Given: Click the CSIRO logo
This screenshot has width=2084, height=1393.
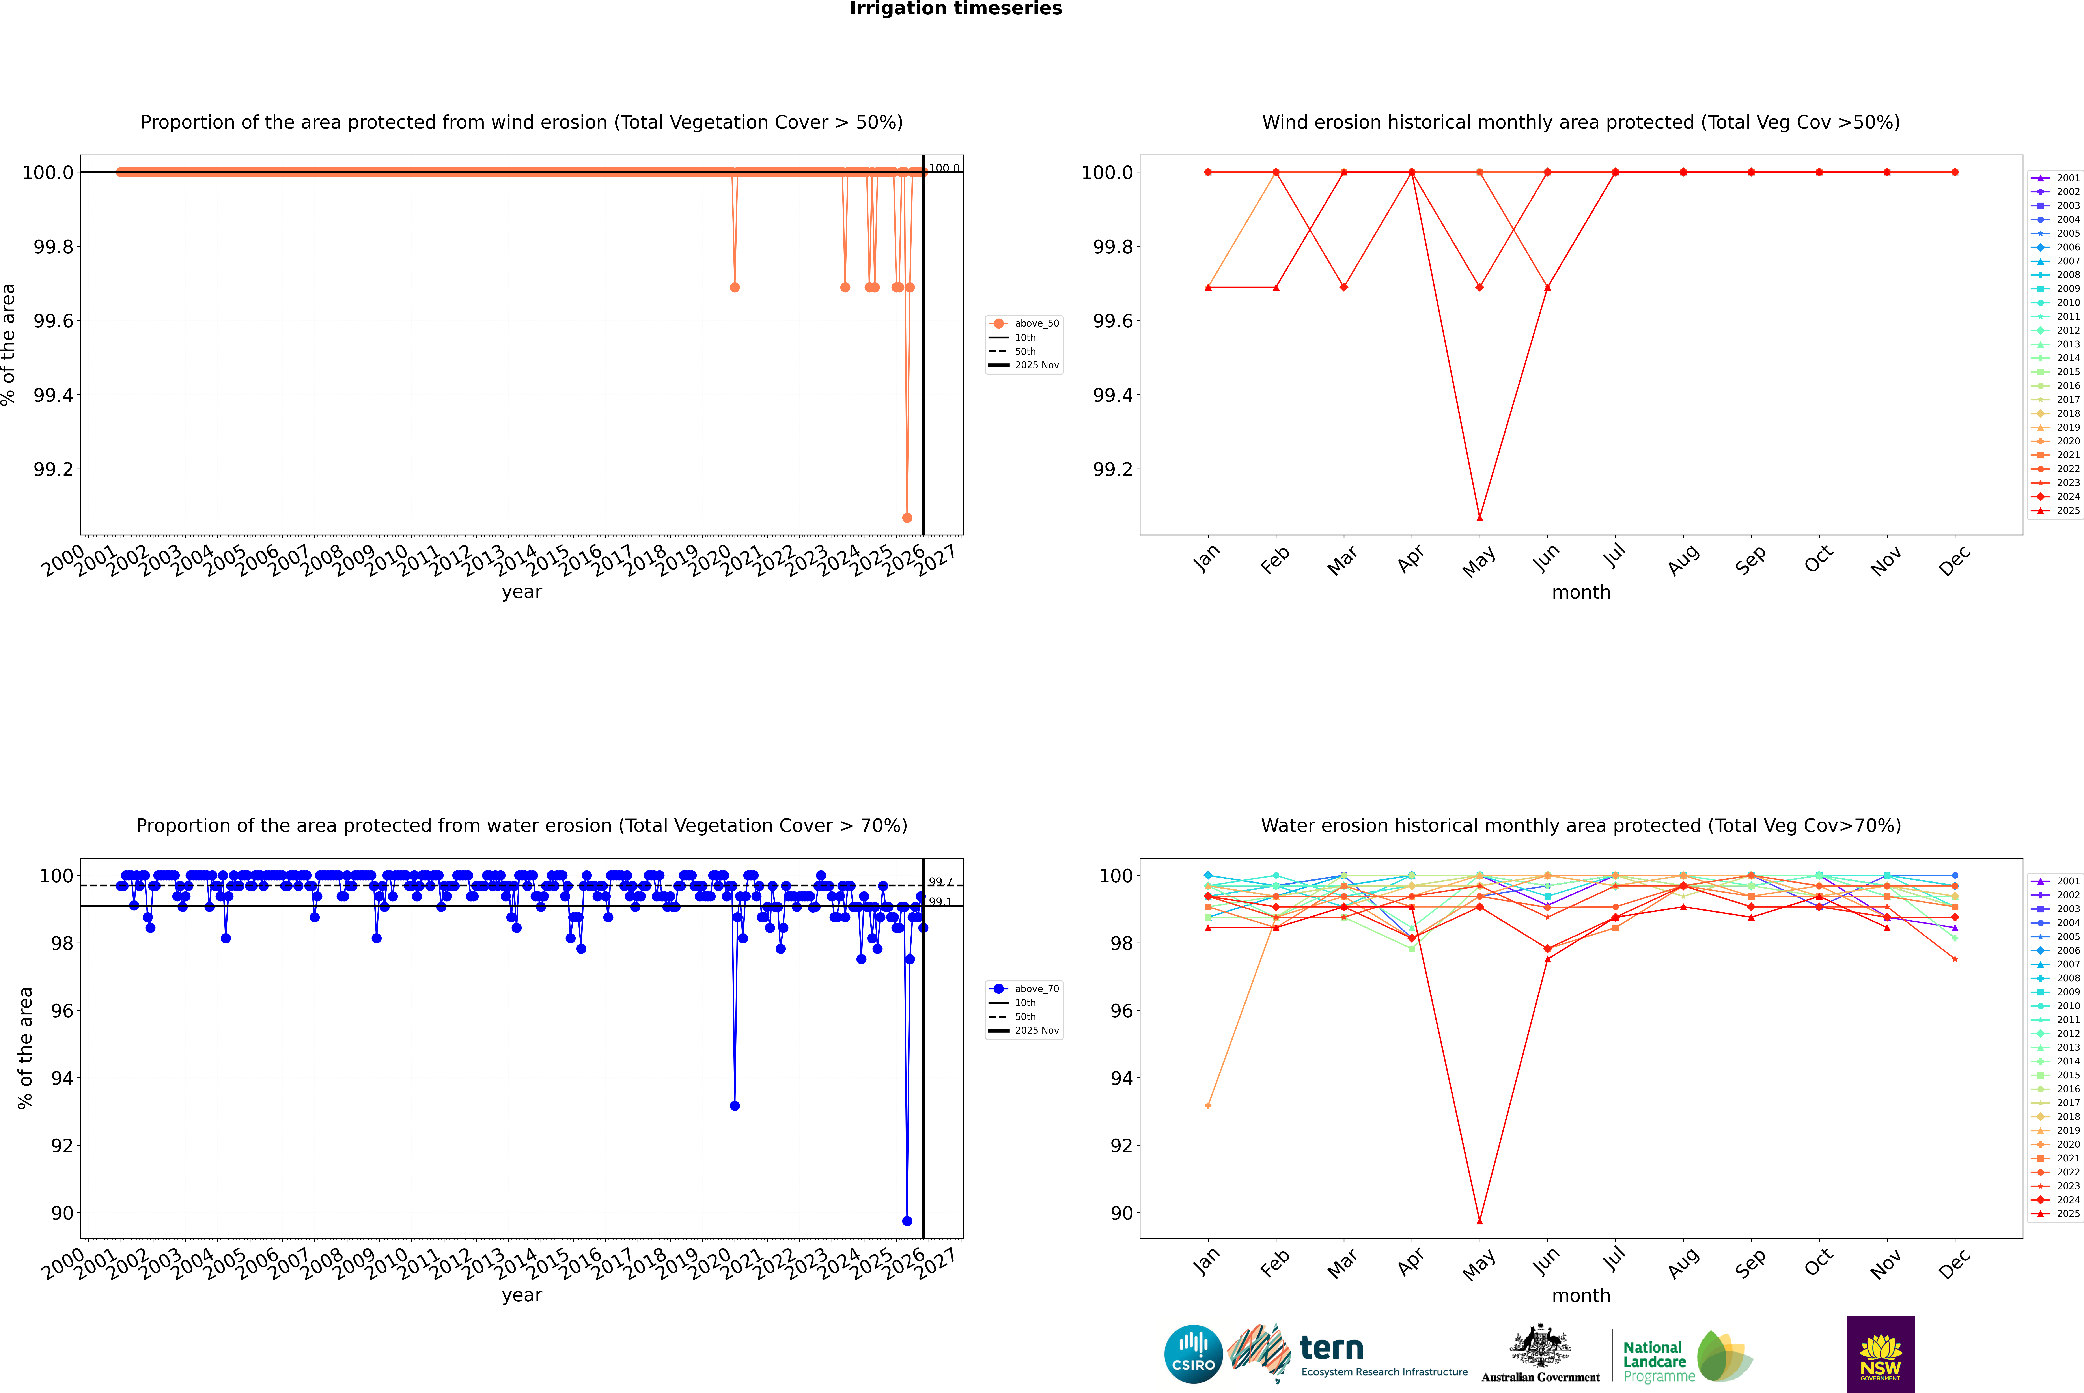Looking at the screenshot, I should pos(1193,1354).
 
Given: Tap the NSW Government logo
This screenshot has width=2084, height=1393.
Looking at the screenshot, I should pos(1881,1354).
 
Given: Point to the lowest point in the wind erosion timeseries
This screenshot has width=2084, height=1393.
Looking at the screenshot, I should pos(907,517).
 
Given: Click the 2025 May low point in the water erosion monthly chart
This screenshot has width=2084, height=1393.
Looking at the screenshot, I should pos(1479,1221).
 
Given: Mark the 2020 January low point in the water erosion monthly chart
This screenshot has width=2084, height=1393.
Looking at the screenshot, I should pos(1208,1105).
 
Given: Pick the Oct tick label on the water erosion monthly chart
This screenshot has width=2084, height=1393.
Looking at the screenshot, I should pos(1818,1262).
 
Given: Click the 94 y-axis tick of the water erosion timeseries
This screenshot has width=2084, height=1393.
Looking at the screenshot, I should pos(62,1078).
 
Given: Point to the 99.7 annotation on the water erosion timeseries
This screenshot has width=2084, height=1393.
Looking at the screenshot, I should pos(940,882).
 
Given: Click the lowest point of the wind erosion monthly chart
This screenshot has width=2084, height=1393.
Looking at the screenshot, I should pos(1479,517).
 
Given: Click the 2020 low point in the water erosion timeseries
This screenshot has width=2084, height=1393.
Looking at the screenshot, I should pos(735,1105).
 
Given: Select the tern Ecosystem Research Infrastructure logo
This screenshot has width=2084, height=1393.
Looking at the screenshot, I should pos(1346,1354).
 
